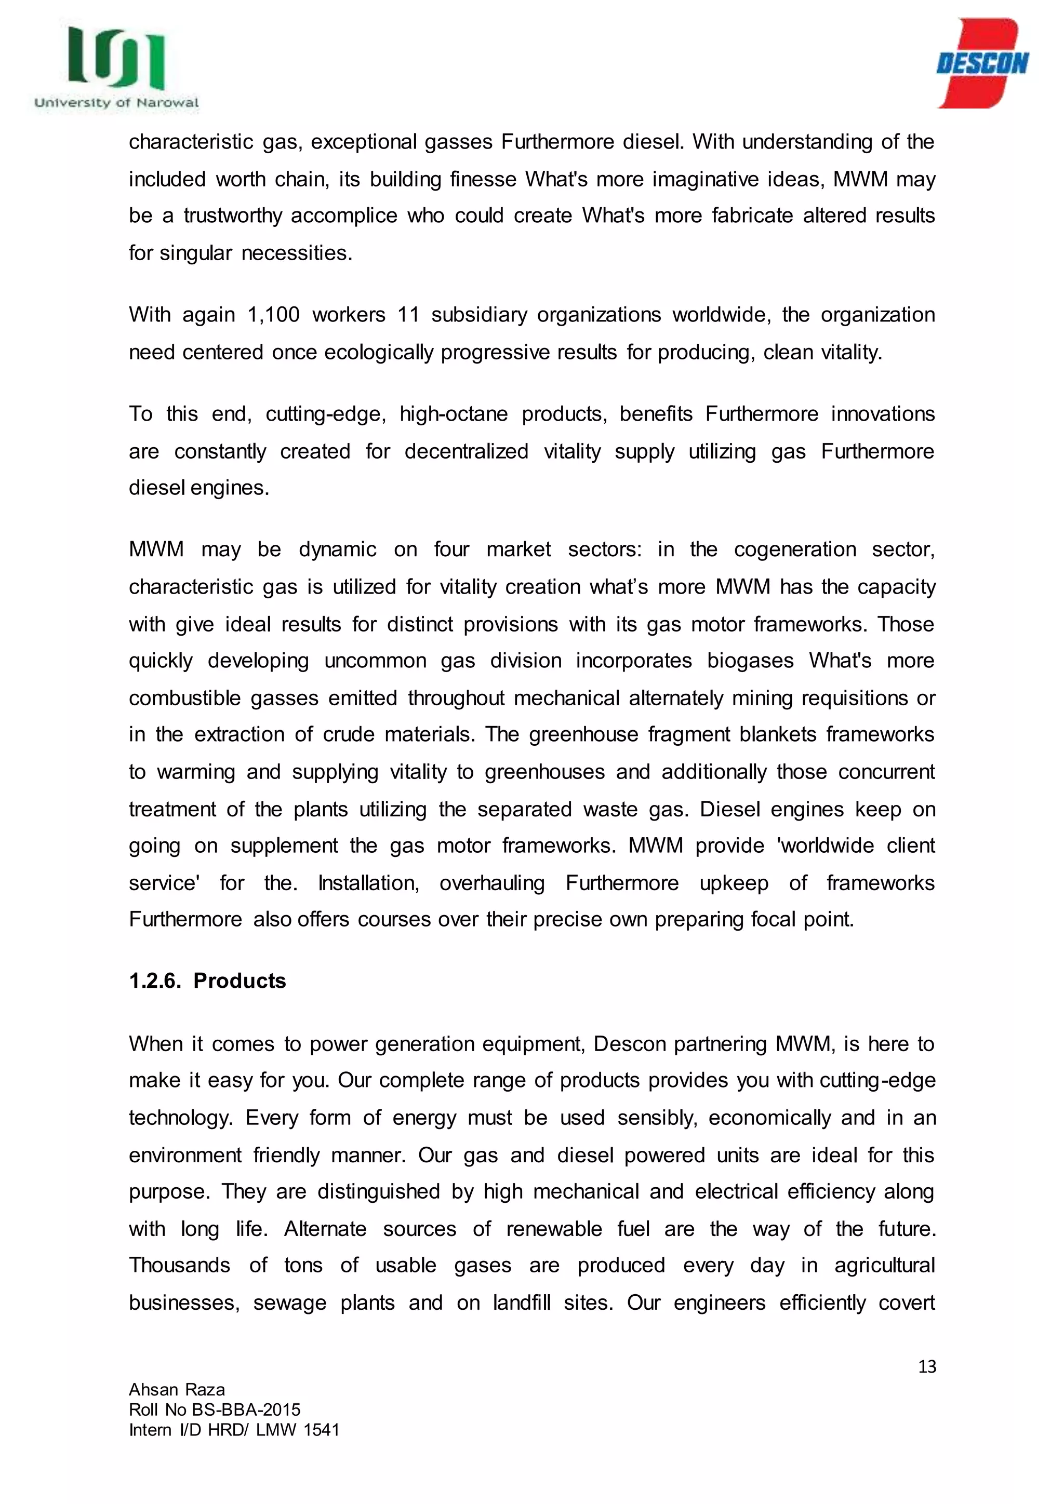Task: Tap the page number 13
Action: [926, 1366]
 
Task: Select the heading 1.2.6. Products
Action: [207, 981]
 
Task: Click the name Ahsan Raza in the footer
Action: [177, 1389]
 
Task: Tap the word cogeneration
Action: [794, 549]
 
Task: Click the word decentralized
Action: [466, 451]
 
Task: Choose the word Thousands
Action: [180, 1265]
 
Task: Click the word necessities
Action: [297, 253]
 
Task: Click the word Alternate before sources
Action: [325, 1228]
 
